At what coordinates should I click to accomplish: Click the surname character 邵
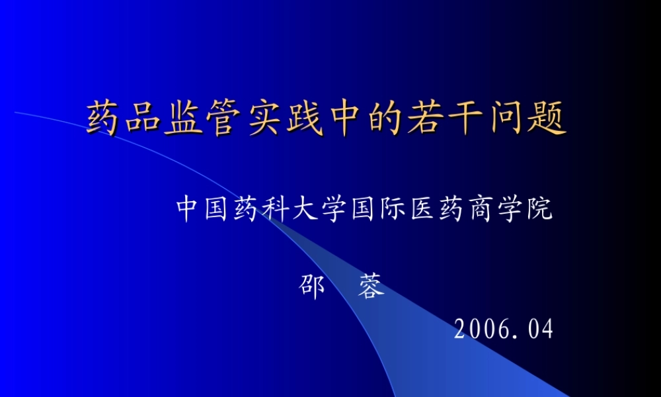(x=312, y=287)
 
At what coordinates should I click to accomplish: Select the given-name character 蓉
(x=371, y=287)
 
